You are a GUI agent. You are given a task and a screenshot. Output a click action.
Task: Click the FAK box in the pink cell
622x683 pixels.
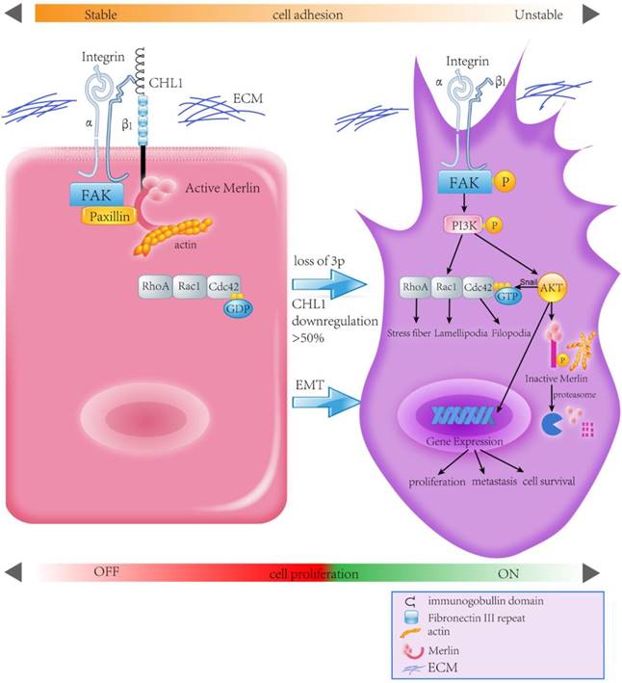click(x=91, y=196)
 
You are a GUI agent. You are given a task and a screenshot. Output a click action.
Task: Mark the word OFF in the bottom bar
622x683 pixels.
click(x=106, y=572)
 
